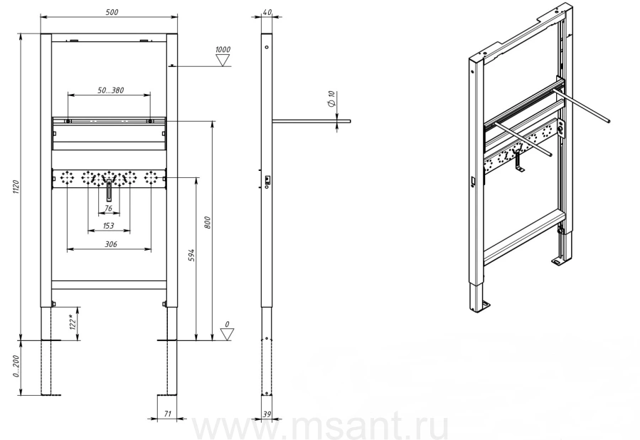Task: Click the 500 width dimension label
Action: (112, 12)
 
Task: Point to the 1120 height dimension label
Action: (16, 187)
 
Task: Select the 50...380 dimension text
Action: (111, 90)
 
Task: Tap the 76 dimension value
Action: (108, 209)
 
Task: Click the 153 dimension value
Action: (109, 226)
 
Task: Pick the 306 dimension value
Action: (111, 244)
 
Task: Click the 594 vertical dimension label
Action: (192, 256)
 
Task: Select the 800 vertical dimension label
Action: (208, 222)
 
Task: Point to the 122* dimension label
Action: (73, 322)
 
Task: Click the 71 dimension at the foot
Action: (167, 414)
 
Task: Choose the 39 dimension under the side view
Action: (267, 414)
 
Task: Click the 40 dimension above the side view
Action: (267, 12)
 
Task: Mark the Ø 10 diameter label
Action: (331, 99)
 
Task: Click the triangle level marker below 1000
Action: (223, 61)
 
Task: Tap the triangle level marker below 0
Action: (227, 335)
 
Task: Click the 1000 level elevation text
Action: (223, 49)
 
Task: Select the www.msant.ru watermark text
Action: (321, 426)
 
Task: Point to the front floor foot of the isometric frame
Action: (486, 306)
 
